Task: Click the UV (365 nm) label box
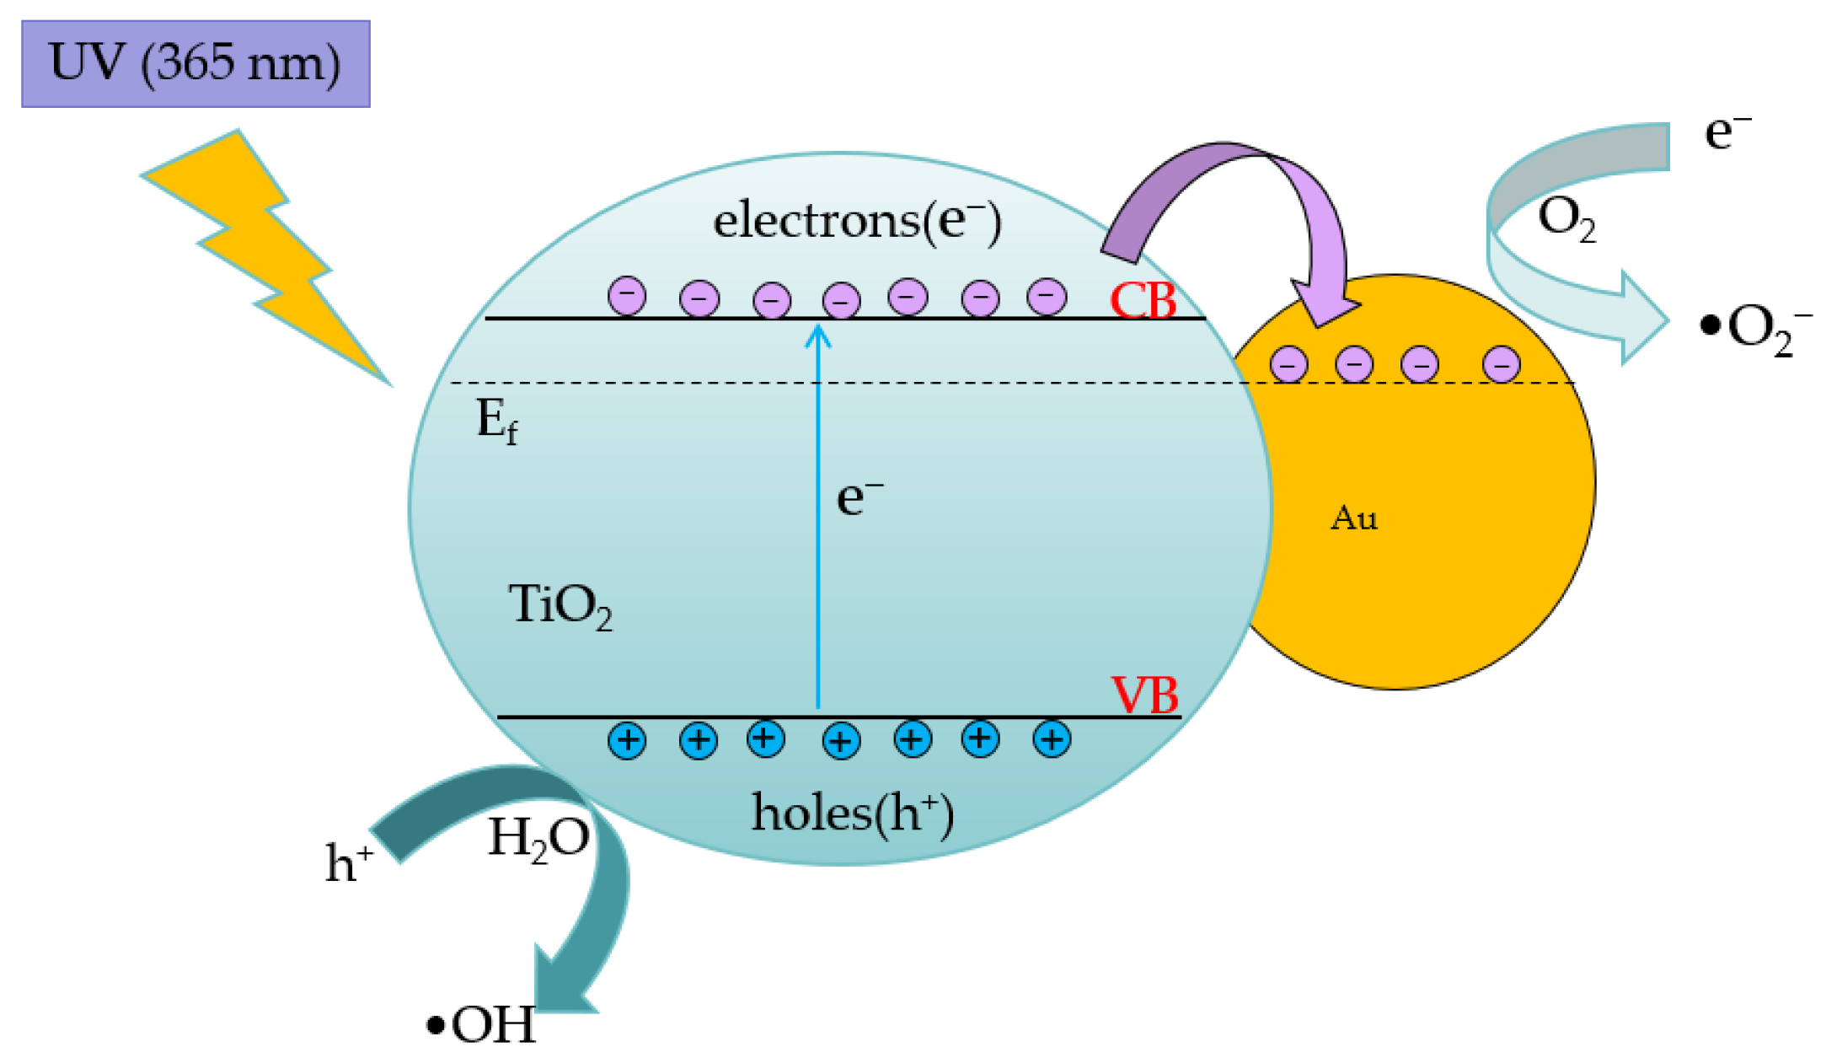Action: coord(195,64)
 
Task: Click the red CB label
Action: coord(1143,300)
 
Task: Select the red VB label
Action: coord(1144,695)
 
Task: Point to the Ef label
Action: coord(496,420)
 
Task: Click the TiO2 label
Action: coord(560,605)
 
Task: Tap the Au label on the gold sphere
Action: coord(1354,518)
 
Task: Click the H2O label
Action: coord(538,840)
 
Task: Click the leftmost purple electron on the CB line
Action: coord(627,296)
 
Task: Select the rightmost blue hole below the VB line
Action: coord(1051,739)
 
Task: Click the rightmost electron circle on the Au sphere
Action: coord(1501,364)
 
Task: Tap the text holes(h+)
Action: coord(852,814)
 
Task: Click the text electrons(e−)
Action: coord(857,221)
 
